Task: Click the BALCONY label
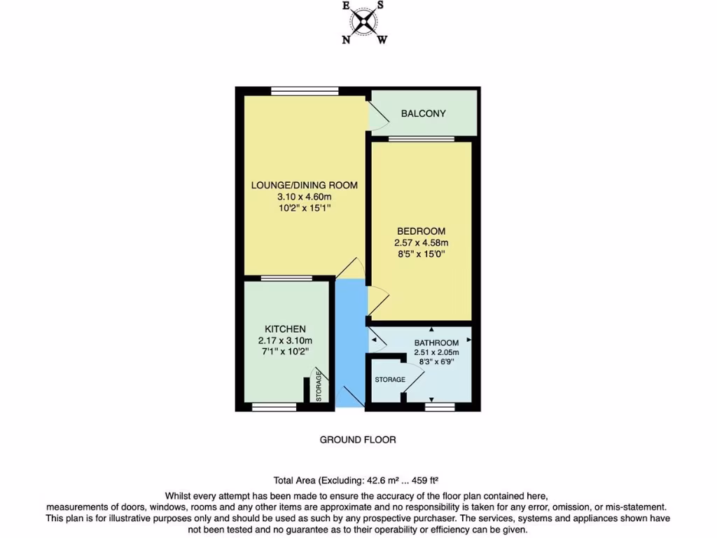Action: point(423,113)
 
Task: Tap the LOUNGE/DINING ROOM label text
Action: point(305,186)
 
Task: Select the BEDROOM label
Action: point(421,230)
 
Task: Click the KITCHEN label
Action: point(285,329)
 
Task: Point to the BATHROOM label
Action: point(436,343)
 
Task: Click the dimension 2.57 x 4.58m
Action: point(421,243)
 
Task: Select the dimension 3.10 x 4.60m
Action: point(305,198)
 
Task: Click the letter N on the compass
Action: point(346,40)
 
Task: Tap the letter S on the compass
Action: point(380,5)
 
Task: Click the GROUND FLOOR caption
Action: point(358,440)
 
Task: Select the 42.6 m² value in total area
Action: point(382,481)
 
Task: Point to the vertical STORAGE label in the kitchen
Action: point(319,387)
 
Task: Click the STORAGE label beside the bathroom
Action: point(390,379)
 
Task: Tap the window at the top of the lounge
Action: point(305,90)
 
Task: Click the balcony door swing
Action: point(377,114)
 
